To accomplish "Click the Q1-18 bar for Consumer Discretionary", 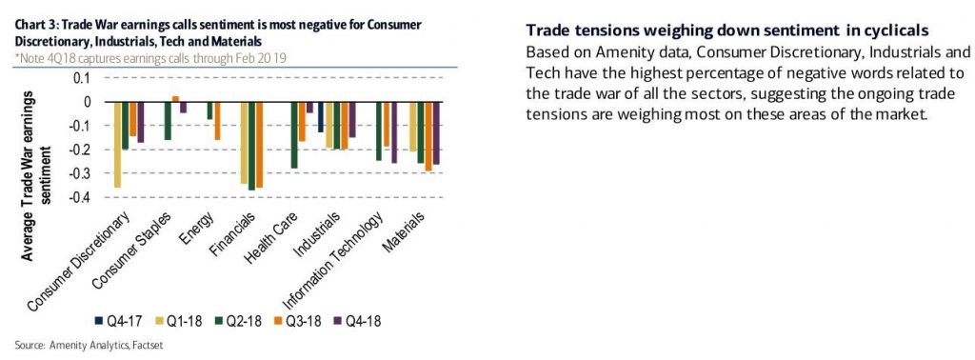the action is click(x=118, y=144).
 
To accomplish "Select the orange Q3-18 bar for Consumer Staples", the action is click(x=175, y=99).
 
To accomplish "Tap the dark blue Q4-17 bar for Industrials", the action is click(x=321, y=117).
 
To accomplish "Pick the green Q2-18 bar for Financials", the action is click(x=251, y=146).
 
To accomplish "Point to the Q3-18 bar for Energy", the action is click(x=218, y=121).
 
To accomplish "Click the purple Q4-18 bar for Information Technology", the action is click(x=393, y=132).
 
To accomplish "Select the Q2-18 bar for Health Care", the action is click(x=294, y=135).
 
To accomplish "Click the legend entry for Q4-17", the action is click(x=118, y=322).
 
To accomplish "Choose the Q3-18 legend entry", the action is click(x=297, y=322).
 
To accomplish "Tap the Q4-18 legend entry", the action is click(x=357, y=322).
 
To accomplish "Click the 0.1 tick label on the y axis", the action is click(x=82, y=78).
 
